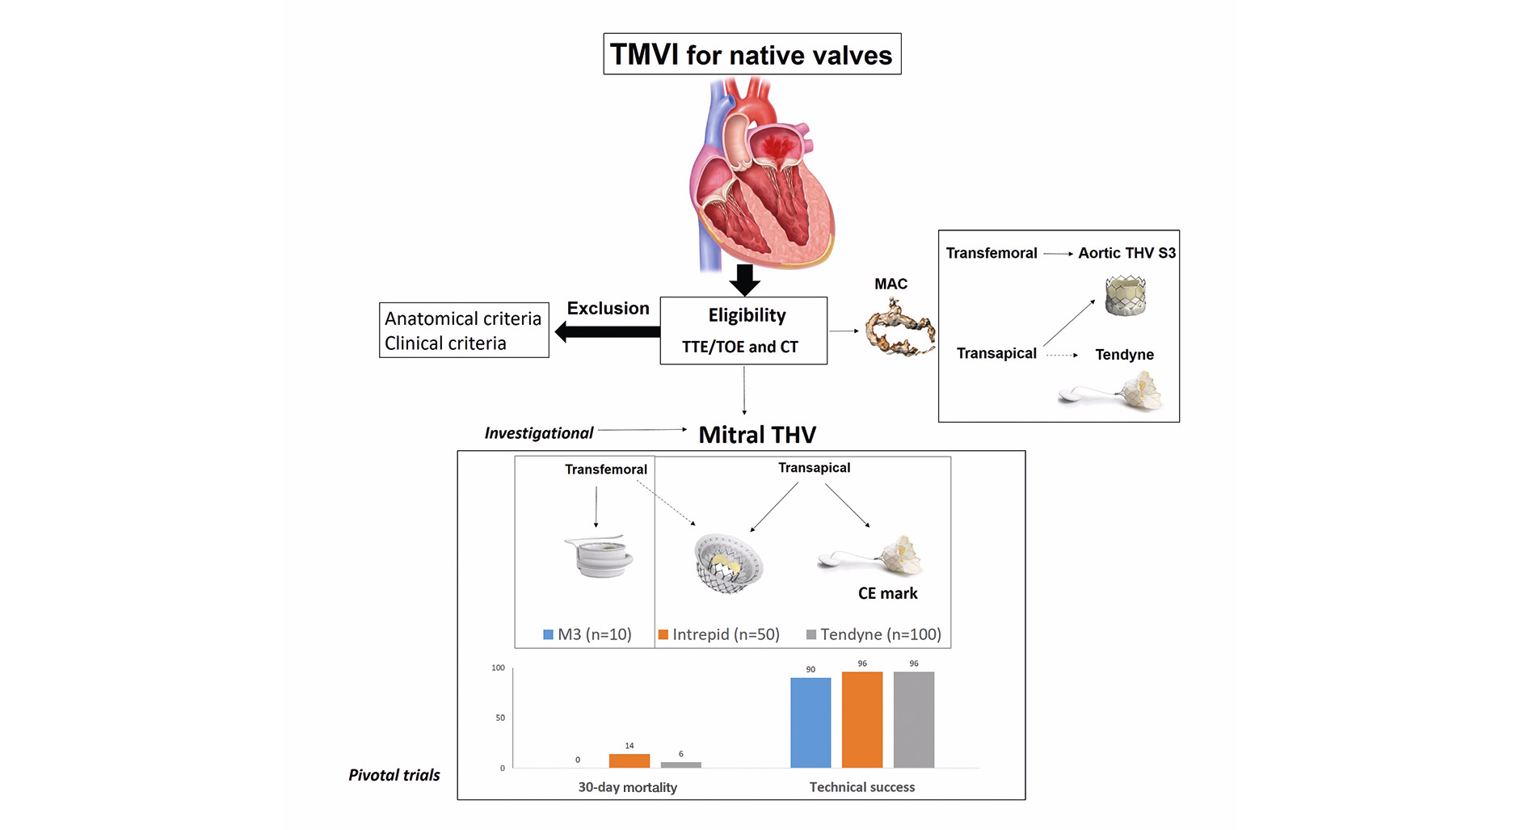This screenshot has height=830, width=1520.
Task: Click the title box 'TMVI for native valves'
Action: click(x=752, y=54)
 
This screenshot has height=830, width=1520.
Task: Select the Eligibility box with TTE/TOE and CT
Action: click(x=743, y=331)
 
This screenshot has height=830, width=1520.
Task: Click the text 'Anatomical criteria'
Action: click(x=463, y=318)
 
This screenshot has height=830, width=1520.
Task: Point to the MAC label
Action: click(x=891, y=284)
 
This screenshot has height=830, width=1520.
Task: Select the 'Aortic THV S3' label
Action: click(x=1126, y=253)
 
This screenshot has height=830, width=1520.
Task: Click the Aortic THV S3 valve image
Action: click(x=1125, y=295)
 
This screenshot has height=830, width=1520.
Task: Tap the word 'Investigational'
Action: click(x=538, y=433)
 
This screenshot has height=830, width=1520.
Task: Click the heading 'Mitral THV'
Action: click(x=757, y=435)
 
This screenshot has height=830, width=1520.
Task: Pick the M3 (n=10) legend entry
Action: click(x=587, y=634)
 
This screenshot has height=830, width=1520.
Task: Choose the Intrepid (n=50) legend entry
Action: click(x=719, y=634)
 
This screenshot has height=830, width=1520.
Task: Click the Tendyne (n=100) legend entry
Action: click(x=874, y=634)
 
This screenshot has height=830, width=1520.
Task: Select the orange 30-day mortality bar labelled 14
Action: click(x=629, y=760)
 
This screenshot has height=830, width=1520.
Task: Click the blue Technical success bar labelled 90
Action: click(x=811, y=723)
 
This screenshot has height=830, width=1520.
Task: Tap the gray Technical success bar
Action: click(x=913, y=719)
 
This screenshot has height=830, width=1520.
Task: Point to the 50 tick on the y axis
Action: click(x=500, y=718)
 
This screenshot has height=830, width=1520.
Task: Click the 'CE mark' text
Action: click(x=887, y=593)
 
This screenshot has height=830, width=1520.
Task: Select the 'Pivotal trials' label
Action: click(x=394, y=775)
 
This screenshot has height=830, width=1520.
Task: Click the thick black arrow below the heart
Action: click(x=744, y=279)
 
